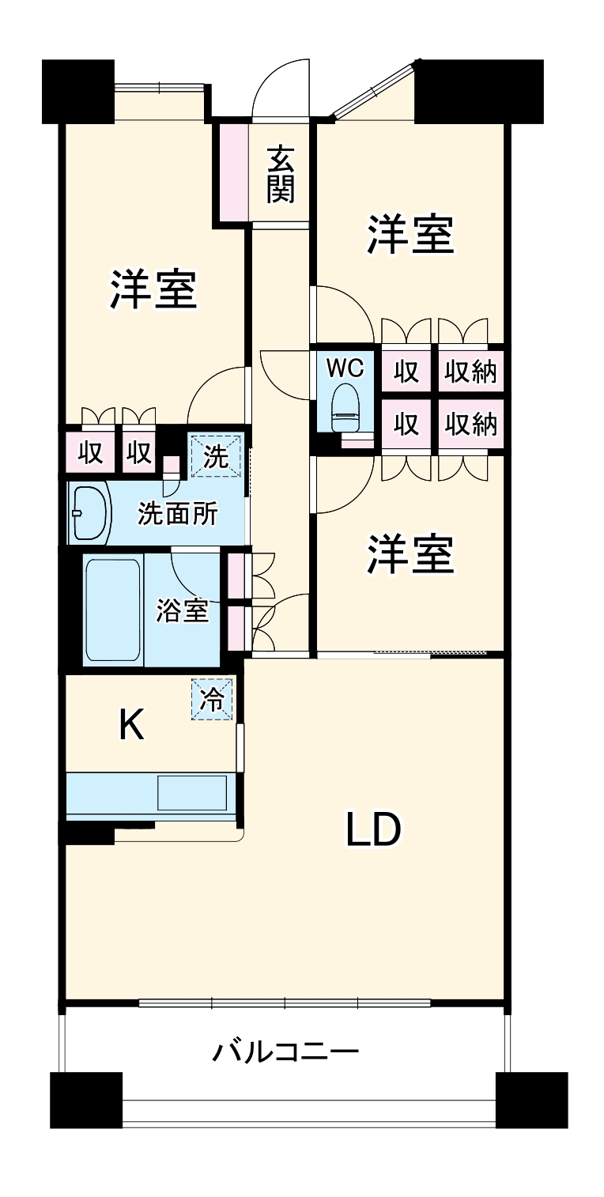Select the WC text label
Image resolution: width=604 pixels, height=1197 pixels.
click(x=345, y=368)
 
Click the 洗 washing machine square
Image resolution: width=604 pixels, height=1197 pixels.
click(x=213, y=456)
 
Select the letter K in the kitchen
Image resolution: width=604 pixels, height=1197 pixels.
click(x=131, y=725)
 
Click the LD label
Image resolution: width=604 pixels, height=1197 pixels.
click(x=373, y=830)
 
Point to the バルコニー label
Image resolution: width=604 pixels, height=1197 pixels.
click(x=285, y=1052)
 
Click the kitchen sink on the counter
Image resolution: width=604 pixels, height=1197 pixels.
click(x=192, y=792)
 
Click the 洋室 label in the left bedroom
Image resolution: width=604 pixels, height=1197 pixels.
click(x=153, y=289)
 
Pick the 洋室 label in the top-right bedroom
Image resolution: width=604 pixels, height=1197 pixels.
click(x=411, y=235)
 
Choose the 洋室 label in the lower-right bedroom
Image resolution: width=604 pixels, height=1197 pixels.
click(x=411, y=554)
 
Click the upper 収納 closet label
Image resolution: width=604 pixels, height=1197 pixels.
click(x=470, y=371)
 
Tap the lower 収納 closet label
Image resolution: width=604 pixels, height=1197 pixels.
click(x=470, y=425)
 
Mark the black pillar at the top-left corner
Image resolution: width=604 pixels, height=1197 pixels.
click(x=78, y=91)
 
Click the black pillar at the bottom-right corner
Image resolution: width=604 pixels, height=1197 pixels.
click(x=531, y=1100)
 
